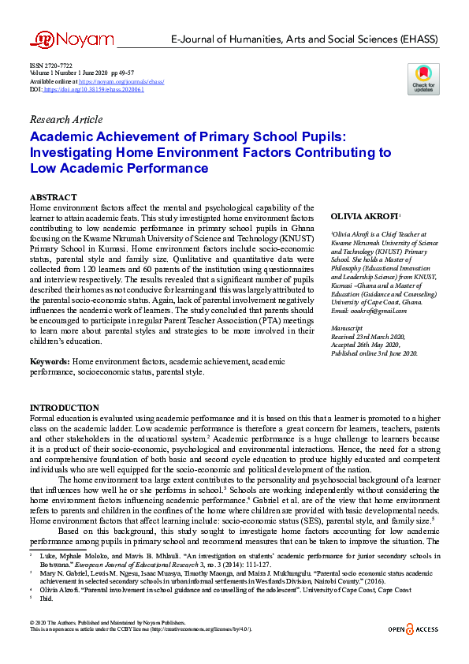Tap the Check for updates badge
(423, 79)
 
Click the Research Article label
(65, 120)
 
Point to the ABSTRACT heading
(53, 197)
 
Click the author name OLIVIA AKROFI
(365, 215)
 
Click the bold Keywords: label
(50, 361)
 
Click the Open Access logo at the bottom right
(413, 629)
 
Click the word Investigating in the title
(76, 152)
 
